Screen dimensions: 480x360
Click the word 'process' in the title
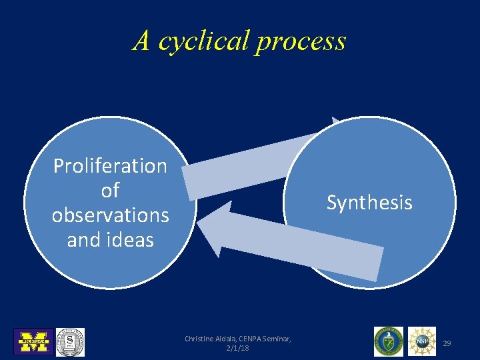(x=301, y=41)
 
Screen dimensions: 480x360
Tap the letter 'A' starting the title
(x=141, y=41)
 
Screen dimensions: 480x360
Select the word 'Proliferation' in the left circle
(x=110, y=165)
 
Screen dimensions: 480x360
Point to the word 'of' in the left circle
(x=110, y=191)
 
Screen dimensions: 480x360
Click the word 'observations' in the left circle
(x=110, y=215)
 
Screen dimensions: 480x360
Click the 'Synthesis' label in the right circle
(x=369, y=202)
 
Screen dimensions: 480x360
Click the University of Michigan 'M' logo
(x=33, y=341)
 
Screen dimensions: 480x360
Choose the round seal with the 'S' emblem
(x=69, y=341)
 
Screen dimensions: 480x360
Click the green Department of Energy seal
(x=388, y=341)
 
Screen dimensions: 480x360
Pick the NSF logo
(x=422, y=341)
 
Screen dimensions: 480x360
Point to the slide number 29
(x=447, y=343)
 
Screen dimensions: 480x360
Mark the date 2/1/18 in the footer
(x=238, y=349)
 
